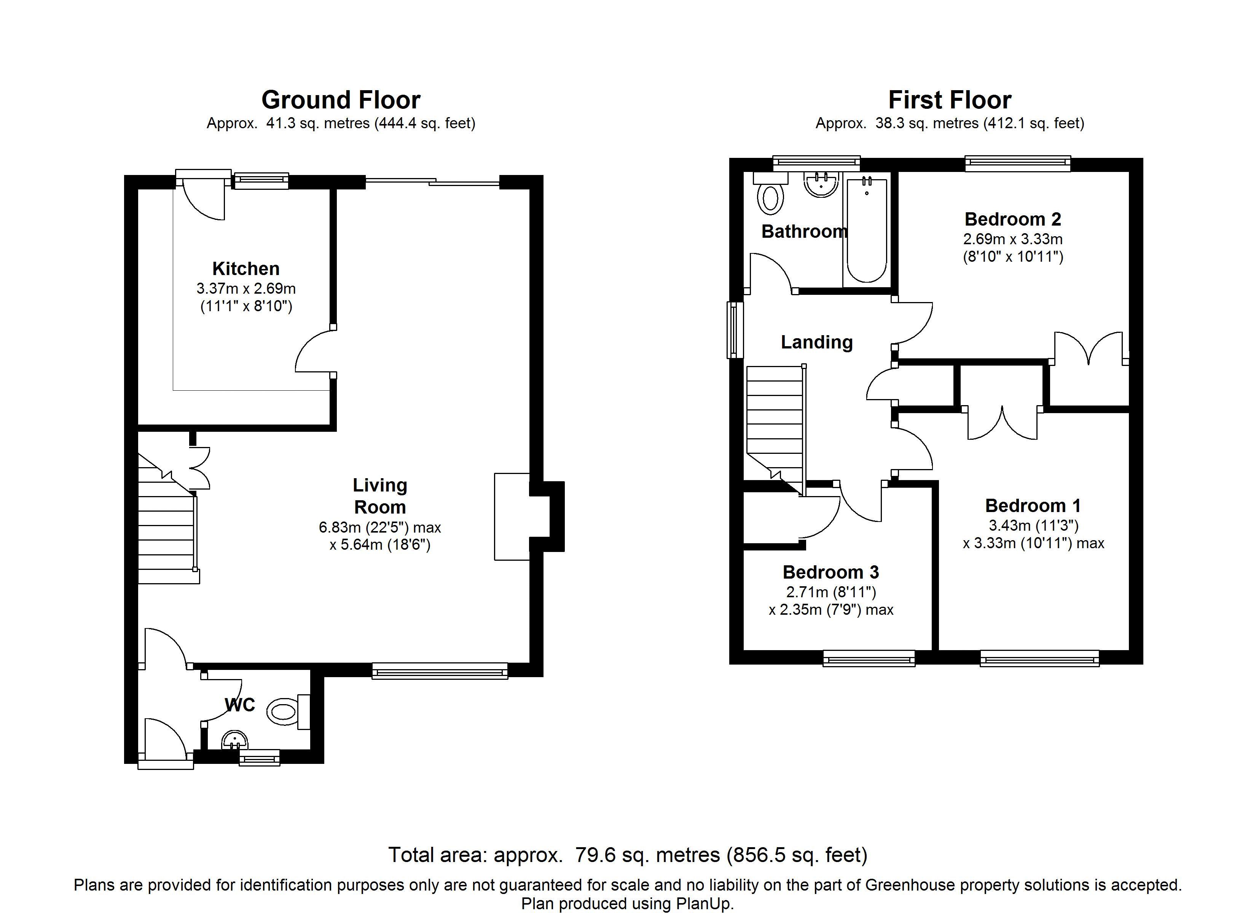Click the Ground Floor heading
click(x=341, y=100)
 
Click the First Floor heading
click(x=950, y=100)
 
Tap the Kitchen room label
click(x=246, y=269)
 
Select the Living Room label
click(x=380, y=496)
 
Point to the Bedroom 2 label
click(x=1013, y=219)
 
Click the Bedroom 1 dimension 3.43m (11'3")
click(x=1033, y=525)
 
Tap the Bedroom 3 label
click(x=831, y=572)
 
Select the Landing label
click(x=817, y=342)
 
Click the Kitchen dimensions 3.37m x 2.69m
click(x=246, y=288)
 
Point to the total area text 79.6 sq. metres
click(x=648, y=855)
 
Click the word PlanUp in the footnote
click(x=703, y=903)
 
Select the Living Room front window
click(x=440, y=671)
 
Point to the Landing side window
click(x=735, y=330)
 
